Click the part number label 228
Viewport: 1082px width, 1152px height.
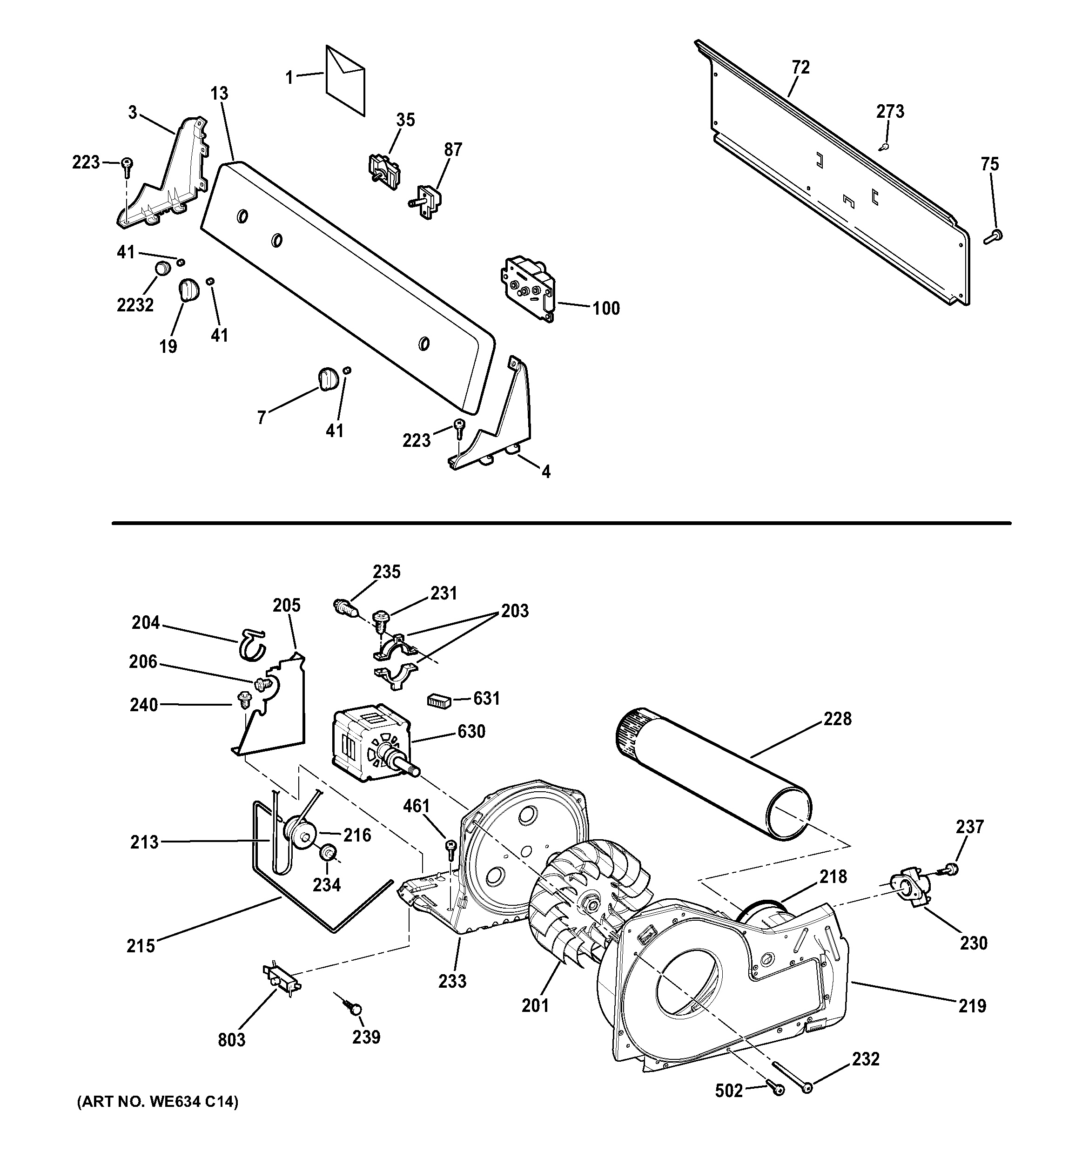point(838,719)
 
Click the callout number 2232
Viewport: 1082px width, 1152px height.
point(135,305)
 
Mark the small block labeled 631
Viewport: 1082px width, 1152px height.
point(438,701)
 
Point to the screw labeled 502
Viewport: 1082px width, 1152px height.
point(776,1090)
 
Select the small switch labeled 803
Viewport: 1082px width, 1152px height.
point(282,980)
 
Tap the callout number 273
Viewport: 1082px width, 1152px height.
point(890,111)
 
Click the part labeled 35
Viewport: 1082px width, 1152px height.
point(384,170)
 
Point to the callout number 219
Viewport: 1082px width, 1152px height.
point(972,1005)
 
